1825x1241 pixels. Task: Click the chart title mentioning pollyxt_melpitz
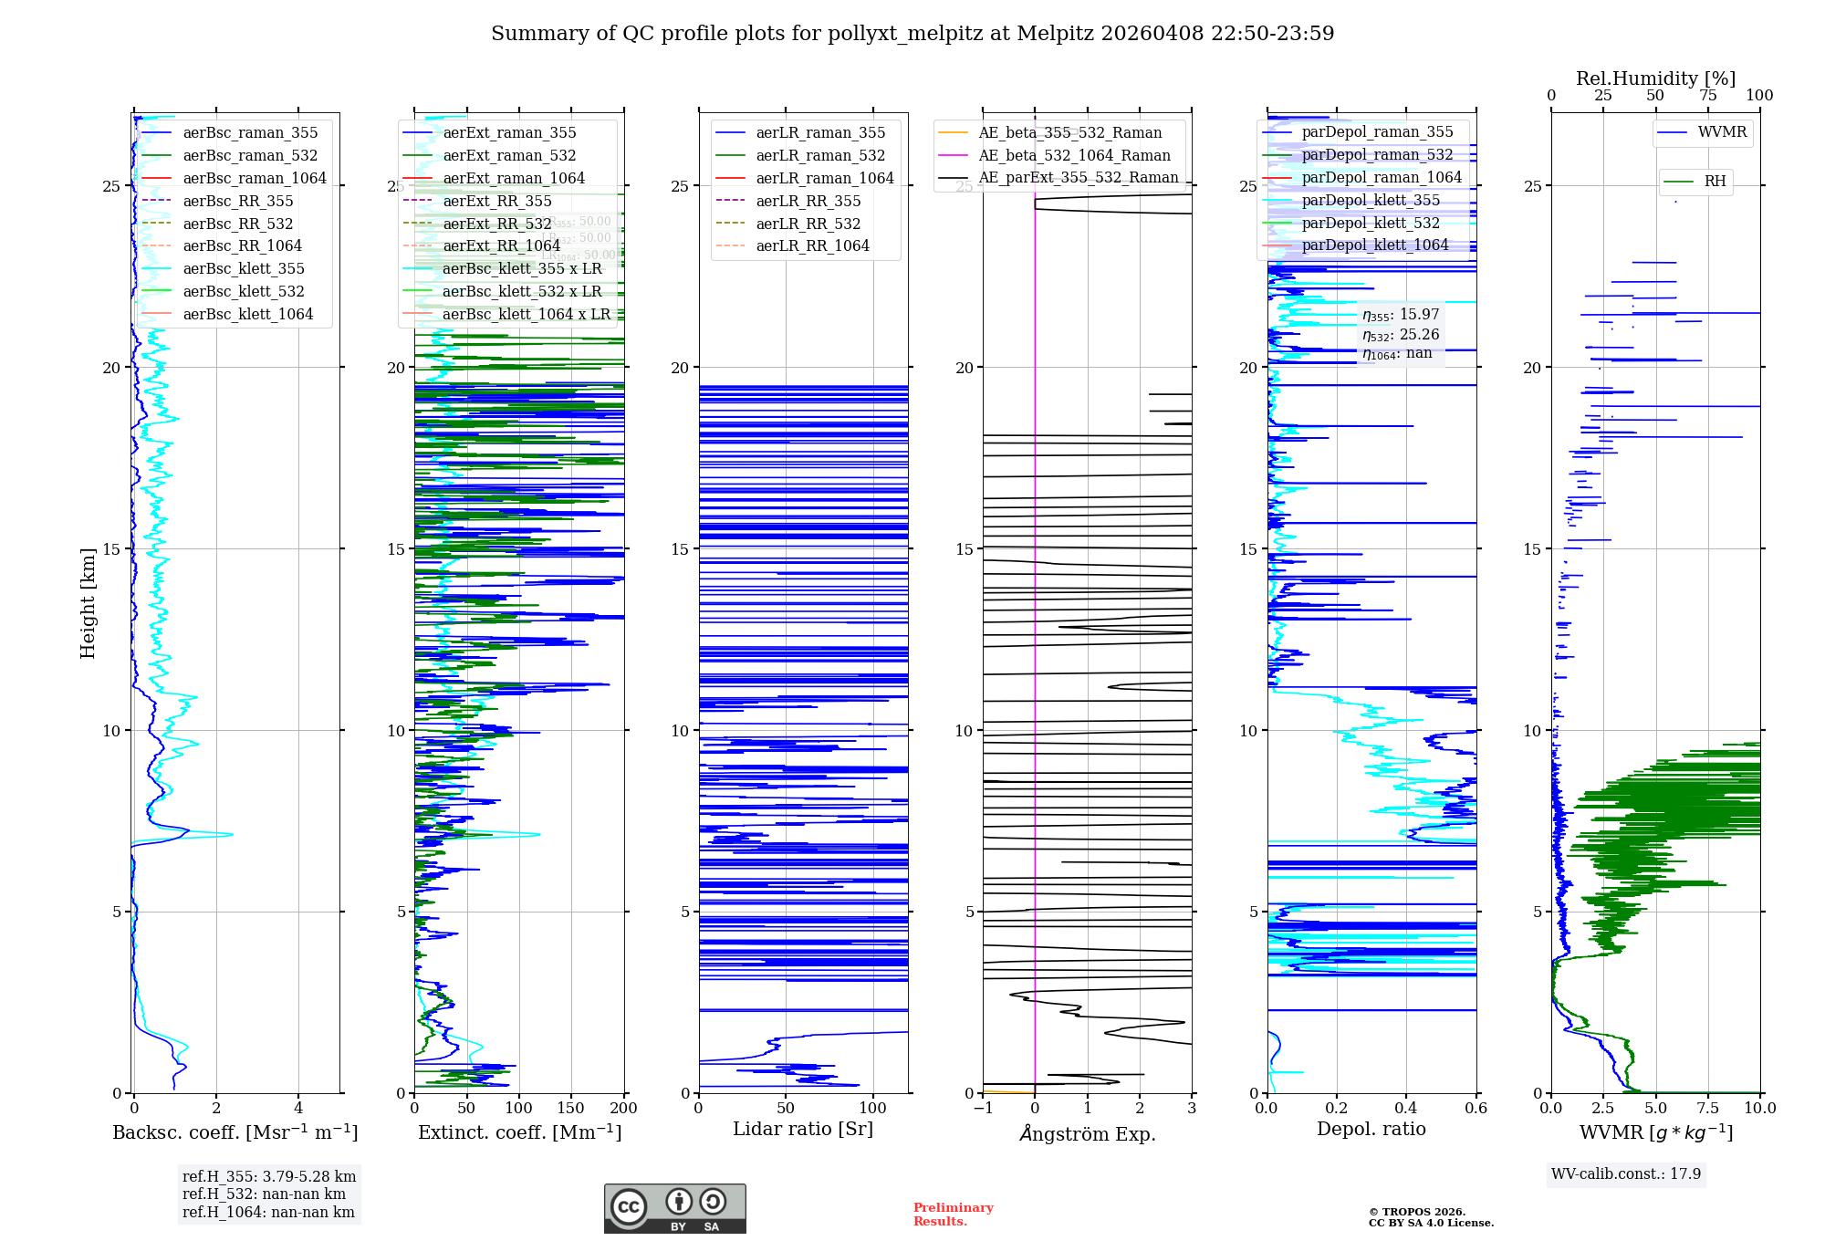912,34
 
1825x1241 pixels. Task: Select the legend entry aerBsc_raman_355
250,133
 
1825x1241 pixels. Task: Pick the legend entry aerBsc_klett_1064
247,314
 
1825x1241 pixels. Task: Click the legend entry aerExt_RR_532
497,224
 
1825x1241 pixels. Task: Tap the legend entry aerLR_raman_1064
825,178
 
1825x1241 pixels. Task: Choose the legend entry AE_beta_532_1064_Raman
1074,155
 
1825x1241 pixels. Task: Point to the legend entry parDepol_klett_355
1371,200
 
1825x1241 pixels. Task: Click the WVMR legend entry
1722,132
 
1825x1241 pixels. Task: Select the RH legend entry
1715,182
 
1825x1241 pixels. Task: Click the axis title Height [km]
88,603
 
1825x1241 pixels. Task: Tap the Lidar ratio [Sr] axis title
803,1129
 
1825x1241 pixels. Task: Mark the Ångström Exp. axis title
1088,1133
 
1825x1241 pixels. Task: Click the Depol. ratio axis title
1371,1129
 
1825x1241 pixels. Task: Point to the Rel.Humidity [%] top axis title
1655,78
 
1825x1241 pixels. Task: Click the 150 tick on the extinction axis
571,1108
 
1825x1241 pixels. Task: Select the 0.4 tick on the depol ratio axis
1406,1108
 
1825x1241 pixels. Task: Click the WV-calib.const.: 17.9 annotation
1626,1173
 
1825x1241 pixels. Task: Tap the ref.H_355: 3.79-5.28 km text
268,1176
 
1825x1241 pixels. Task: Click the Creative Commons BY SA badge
674,1208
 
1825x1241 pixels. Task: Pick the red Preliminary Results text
953,1214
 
